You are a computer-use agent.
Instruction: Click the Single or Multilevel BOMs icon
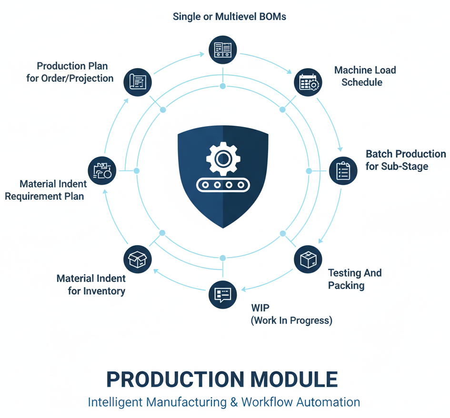tap(223, 49)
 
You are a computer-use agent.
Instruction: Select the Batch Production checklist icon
tap(343, 171)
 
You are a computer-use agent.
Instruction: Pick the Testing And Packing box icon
tap(308, 259)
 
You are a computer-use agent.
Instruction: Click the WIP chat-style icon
tap(223, 294)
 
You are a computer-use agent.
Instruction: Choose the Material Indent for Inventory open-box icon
tap(138, 259)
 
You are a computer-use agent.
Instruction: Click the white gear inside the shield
tap(223, 158)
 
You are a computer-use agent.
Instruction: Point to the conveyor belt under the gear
tap(223, 185)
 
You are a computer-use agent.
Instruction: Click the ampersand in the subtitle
tap(234, 402)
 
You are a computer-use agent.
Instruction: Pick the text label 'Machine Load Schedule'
tap(365, 76)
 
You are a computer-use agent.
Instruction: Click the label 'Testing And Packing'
tap(354, 279)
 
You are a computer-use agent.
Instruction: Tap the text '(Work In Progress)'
tap(291, 320)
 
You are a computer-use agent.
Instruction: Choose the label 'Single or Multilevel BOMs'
tap(229, 17)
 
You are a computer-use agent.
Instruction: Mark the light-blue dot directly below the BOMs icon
tap(223, 86)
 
